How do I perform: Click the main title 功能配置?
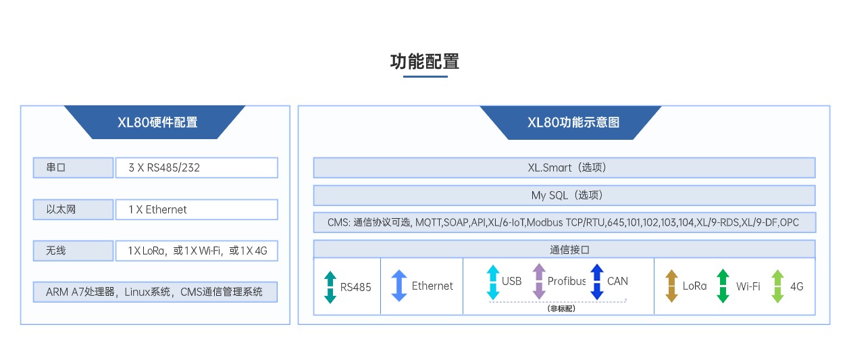(x=425, y=62)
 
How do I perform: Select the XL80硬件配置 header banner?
(x=157, y=122)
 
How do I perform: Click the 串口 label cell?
(x=73, y=168)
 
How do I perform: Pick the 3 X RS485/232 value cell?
(x=196, y=168)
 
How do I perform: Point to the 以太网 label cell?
(x=73, y=209)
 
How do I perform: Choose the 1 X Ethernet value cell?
(x=196, y=209)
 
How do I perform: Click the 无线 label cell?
(x=73, y=251)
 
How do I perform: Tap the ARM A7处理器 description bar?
(x=155, y=292)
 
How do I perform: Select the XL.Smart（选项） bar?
(x=564, y=168)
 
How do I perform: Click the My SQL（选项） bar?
(x=564, y=195)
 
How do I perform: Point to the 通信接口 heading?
(x=564, y=249)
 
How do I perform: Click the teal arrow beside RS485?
(x=330, y=287)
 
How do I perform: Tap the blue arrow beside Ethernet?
(x=399, y=286)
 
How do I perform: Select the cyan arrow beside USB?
(x=492, y=282)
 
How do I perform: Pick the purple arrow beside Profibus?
(x=538, y=282)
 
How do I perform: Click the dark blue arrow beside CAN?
(x=596, y=282)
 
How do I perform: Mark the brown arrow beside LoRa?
(x=671, y=286)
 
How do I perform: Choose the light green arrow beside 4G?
(x=777, y=286)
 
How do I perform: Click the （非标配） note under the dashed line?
(x=559, y=308)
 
